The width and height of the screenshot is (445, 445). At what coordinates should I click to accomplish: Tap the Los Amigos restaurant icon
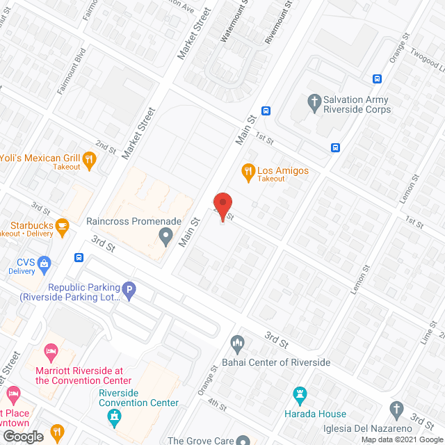[x=247, y=170]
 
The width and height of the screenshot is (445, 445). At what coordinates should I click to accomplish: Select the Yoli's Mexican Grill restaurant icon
[x=88, y=161]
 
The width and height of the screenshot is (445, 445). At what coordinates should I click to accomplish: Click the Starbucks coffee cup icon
[x=63, y=225]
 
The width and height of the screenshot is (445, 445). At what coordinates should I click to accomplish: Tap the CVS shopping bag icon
[x=44, y=263]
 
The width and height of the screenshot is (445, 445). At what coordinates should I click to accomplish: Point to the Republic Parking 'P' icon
[x=129, y=289]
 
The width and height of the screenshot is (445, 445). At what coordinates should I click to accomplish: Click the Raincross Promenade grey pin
[x=165, y=238]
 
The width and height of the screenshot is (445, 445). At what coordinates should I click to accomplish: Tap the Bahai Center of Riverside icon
[x=238, y=342]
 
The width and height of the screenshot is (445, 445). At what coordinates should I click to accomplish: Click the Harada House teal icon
[x=300, y=395]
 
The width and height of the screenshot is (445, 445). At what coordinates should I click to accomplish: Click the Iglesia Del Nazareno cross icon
[x=396, y=409]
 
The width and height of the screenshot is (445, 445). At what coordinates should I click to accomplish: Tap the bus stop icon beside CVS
[x=79, y=258]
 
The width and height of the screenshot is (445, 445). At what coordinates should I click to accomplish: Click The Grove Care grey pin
[x=243, y=440]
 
